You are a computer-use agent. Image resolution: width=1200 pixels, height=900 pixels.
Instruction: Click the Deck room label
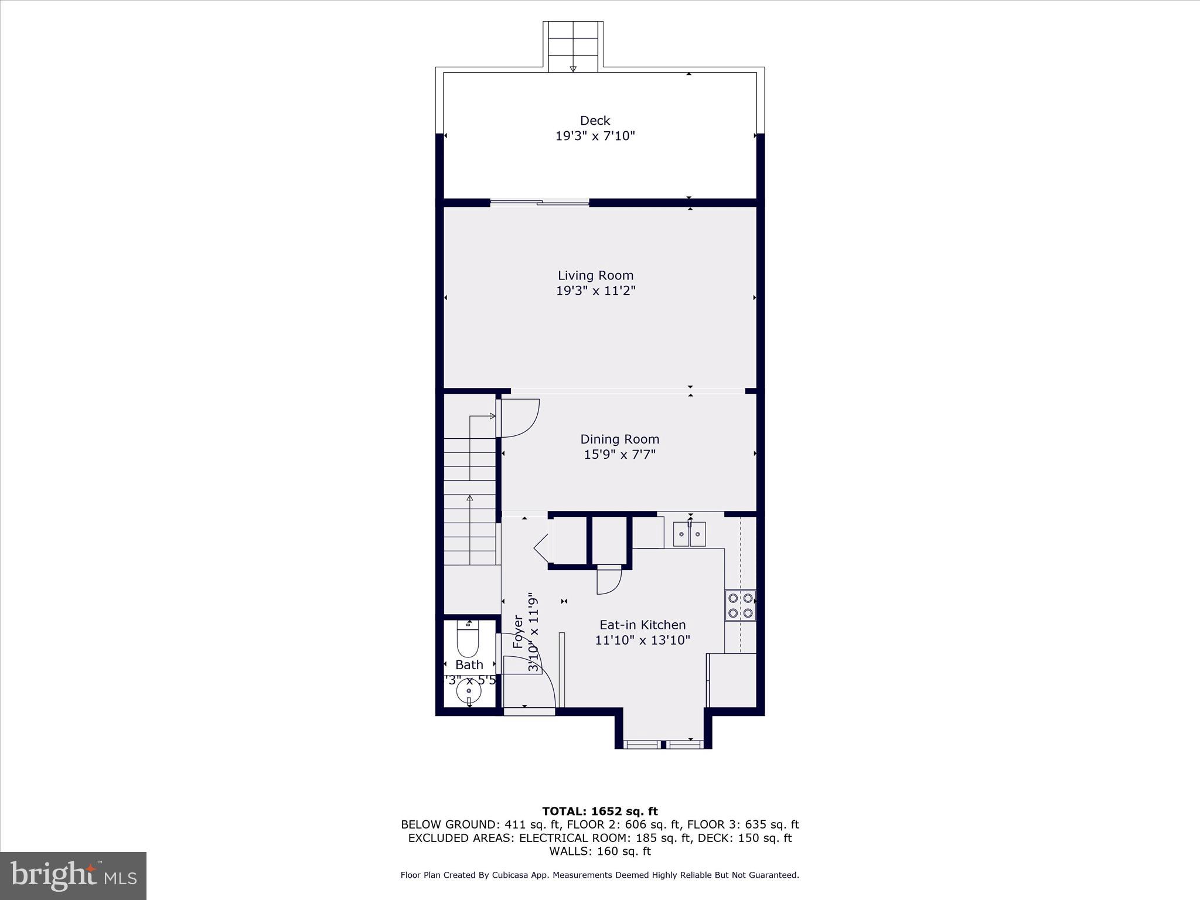(x=595, y=121)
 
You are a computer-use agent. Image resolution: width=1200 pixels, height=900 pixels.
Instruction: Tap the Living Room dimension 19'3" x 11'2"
(x=595, y=291)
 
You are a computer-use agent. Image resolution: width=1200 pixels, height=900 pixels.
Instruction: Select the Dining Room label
(x=619, y=439)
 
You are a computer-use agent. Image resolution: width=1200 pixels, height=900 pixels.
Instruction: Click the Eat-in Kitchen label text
(x=642, y=625)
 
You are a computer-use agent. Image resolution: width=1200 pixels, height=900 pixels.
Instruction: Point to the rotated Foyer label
(x=518, y=632)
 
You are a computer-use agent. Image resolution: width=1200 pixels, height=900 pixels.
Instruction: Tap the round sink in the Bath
(x=469, y=692)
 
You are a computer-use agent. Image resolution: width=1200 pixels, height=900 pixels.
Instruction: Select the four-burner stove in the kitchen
(x=740, y=606)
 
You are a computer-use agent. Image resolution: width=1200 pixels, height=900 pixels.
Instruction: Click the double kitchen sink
(x=690, y=534)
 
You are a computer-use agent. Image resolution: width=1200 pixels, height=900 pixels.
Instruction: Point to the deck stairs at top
(x=573, y=47)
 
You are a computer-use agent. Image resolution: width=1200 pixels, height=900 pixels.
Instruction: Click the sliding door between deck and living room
(x=540, y=203)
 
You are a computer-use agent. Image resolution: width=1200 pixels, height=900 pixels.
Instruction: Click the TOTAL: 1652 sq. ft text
(x=599, y=812)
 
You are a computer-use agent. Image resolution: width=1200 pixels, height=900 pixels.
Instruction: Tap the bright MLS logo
(x=73, y=875)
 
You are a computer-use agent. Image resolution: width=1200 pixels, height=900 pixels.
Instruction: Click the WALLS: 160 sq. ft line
(x=599, y=851)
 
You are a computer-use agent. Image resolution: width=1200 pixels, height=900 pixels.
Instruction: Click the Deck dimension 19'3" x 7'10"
(x=595, y=136)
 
